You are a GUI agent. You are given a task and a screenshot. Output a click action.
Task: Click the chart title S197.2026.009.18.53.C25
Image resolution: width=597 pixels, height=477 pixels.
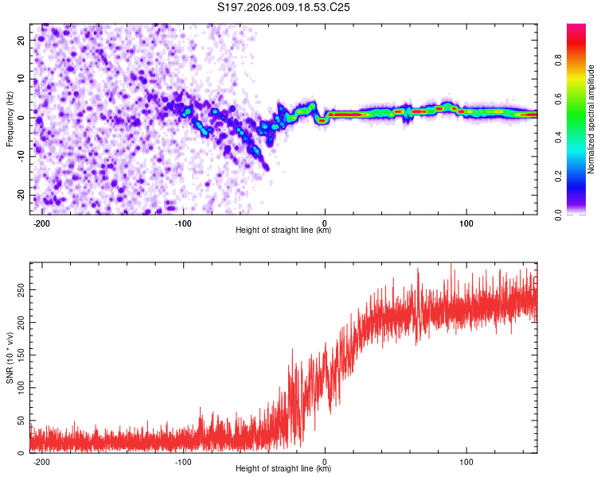[284, 8]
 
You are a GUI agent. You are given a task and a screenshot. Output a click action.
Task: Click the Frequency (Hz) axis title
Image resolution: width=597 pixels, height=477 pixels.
[10, 118]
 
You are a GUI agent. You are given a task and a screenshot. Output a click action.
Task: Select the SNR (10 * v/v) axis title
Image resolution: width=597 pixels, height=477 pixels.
[10, 357]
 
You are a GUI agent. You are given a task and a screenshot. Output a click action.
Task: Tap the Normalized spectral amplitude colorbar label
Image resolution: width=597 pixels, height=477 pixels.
[591, 119]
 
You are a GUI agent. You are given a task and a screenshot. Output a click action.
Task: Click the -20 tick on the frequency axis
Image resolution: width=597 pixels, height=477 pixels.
[20, 196]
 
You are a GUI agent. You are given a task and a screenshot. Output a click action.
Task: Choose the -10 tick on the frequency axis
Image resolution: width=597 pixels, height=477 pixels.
[20, 157]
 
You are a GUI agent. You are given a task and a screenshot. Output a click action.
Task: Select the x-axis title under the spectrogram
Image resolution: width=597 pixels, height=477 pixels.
[283, 231]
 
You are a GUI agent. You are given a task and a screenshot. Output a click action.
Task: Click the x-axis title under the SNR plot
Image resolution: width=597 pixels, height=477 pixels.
[283, 469]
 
